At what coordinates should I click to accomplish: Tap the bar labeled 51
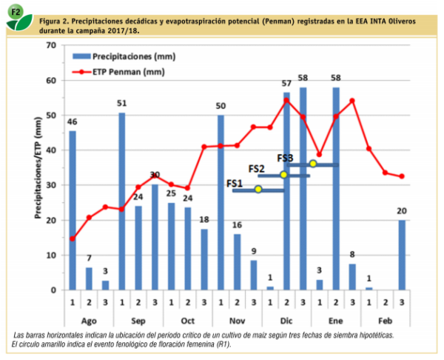[122, 201]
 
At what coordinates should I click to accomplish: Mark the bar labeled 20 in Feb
[402, 255]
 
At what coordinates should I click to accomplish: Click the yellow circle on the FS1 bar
[258, 190]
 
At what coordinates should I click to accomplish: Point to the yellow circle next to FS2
[283, 175]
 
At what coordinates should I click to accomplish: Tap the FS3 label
[286, 158]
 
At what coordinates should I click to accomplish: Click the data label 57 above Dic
[286, 84]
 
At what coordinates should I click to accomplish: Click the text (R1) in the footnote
[221, 344]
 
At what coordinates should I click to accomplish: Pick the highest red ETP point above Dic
[286, 100]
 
